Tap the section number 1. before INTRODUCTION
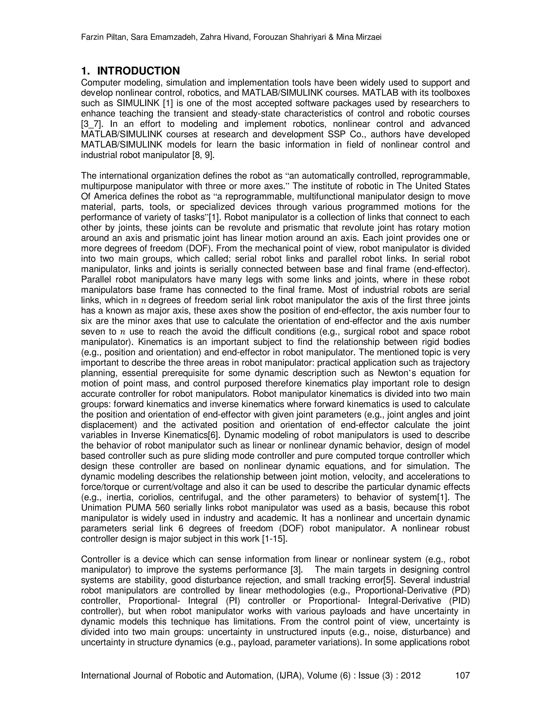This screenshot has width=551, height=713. point(86,71)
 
